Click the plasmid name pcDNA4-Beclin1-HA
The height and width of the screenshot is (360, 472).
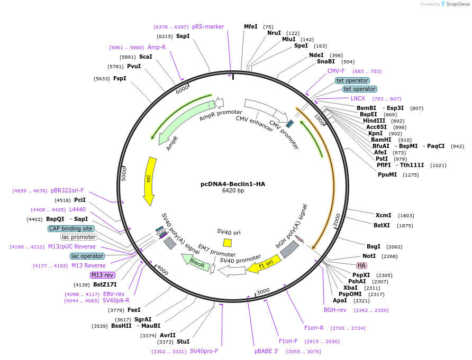232,184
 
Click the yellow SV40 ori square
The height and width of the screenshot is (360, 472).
227,243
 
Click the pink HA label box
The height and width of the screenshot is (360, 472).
362,265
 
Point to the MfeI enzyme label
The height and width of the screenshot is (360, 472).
250,26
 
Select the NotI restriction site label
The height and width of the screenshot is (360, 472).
369,256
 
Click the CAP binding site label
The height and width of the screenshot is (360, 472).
71,228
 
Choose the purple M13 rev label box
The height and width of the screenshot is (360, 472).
102,275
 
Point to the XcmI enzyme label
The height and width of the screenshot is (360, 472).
383,215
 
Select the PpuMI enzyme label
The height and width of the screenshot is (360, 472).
387,174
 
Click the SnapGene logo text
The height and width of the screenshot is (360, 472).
457,4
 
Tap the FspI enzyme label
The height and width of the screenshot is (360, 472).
120,78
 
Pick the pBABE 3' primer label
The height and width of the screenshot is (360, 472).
266,351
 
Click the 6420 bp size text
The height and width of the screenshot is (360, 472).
233,191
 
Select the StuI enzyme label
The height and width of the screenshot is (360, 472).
183,341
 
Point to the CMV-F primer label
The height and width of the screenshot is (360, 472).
336,71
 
